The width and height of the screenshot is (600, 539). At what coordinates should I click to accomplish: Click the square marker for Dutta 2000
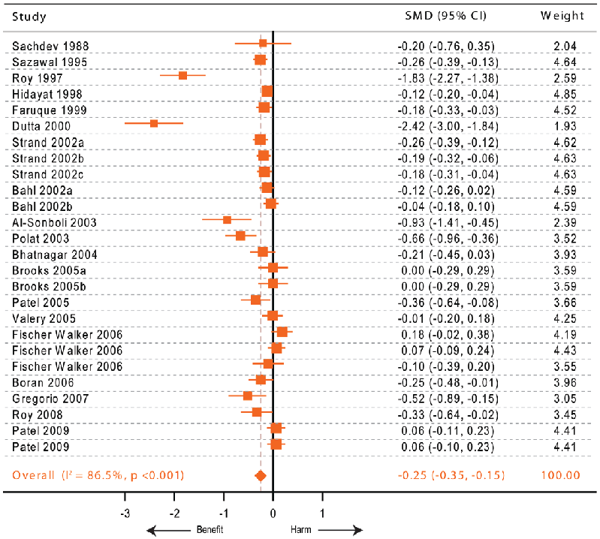154,123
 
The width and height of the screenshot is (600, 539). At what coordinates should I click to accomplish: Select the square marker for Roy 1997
182,75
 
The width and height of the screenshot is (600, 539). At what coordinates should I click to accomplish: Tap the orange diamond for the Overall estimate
261,475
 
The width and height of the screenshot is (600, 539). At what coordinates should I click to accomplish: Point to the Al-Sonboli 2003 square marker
227,219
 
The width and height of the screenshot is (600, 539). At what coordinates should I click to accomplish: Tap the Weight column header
562,16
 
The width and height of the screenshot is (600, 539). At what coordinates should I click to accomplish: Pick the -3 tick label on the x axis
125,513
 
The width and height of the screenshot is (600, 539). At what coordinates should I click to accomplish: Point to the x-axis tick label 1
322,513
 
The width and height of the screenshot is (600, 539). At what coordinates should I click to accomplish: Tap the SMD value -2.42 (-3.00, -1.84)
445,124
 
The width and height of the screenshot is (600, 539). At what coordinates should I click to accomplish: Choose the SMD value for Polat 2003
445,236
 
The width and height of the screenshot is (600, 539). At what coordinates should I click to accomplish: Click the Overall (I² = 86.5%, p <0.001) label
98,475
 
